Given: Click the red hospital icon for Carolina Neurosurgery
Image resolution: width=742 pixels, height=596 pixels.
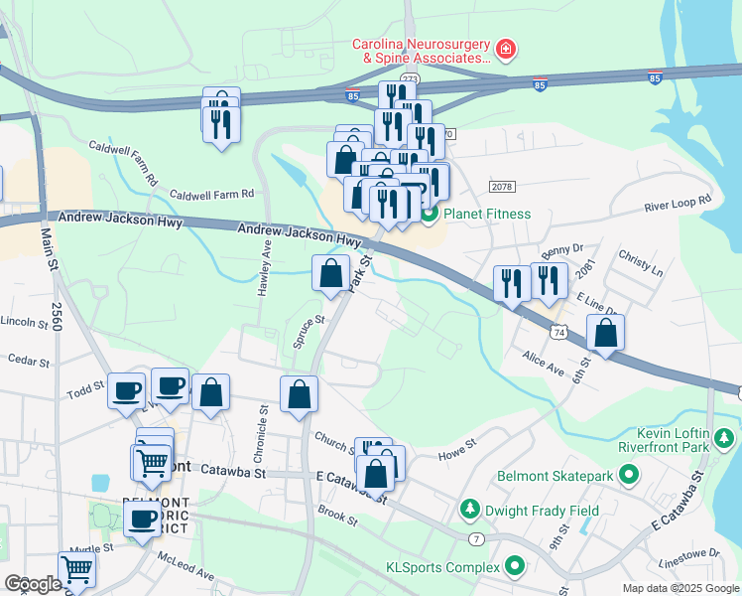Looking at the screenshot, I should pos(505,48).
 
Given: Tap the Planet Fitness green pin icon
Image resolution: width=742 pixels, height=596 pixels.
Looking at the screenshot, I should pos(431,214).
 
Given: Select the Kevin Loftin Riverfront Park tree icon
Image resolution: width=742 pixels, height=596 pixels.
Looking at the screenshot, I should pos(725,437).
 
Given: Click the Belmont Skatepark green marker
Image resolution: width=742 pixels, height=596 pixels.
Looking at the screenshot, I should pos(627,477).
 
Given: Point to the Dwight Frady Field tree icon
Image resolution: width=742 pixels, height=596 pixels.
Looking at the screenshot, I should pos(469,511).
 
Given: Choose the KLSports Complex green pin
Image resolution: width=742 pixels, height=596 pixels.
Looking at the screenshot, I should pos(514,567).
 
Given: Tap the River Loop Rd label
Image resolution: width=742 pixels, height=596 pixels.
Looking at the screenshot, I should pos(678,202).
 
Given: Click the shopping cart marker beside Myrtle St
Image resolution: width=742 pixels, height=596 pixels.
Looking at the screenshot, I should pos(77,570).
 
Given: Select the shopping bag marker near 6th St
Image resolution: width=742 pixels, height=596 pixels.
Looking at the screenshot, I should pos(605,334).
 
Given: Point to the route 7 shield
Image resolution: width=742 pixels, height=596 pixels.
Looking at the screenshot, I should pos(477,537).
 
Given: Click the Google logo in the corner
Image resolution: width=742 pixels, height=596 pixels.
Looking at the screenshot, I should pos(33,584).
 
